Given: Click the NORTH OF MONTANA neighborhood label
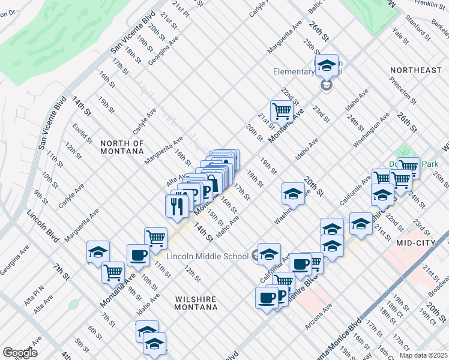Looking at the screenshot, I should pos(122,148).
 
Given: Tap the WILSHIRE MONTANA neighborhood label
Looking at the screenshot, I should pos(196,302).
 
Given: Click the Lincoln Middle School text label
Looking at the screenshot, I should pos(207,257).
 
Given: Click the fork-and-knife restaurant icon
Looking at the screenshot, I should pos(176,205).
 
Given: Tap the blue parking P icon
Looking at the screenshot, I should pos(206,191).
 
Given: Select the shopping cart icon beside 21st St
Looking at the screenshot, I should pos(281,110).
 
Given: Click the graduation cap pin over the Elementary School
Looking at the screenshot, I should pos(327,65).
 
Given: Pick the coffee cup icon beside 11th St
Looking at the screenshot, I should pos(138,254).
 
